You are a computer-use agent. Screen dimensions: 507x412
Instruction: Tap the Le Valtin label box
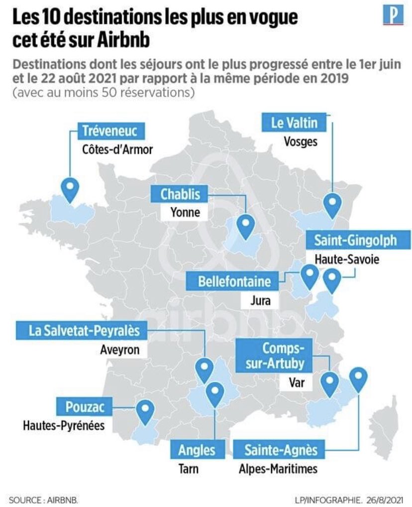coord(294,123)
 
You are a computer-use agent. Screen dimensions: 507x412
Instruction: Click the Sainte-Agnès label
coord(281,450)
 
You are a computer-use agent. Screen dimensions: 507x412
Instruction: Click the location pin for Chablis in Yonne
coord(245,225)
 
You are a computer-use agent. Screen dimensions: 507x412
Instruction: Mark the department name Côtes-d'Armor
coord(117,149)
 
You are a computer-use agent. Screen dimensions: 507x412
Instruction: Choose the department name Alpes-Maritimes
coord(278,469)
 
